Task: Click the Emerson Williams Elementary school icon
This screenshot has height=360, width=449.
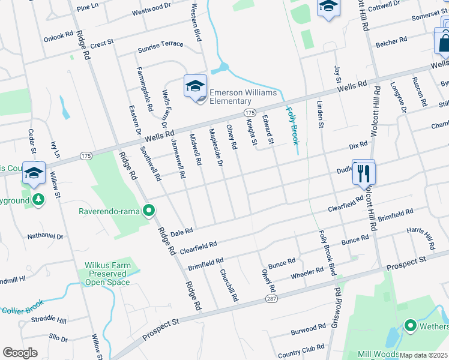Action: pyautogui.click(x=195, y=86)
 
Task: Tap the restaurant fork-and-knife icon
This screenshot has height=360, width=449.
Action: pyautogui.click(x=363, y=173)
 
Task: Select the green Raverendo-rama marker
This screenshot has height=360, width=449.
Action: pyautogui.click(x=149, y=211)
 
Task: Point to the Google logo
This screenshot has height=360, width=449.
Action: pyautogui.click(x=20, y=352)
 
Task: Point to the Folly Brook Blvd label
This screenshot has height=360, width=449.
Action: pyautogui.click(x=325, y=253)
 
